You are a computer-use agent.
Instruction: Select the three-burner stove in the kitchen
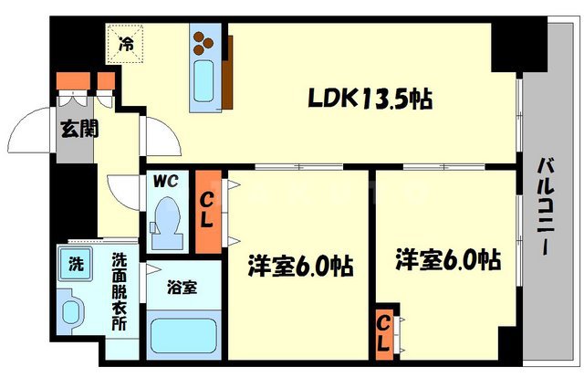point(203,40)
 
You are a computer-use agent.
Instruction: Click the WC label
point(166,182)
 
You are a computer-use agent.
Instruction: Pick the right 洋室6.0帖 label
point(447,260)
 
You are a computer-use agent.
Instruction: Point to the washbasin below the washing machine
point(71,308)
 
